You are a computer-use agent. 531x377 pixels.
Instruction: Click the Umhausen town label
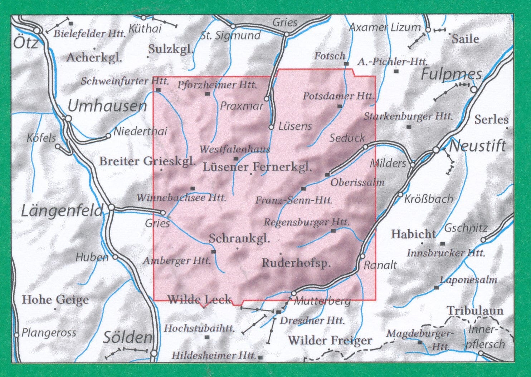coord(107,106)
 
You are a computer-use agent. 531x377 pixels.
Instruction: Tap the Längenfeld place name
coord(62,211)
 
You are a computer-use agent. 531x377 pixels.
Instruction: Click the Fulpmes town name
coord(451,74)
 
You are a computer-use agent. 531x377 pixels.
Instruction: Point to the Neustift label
coord(477,146)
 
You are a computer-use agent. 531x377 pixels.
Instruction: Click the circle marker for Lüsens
coord(272,127)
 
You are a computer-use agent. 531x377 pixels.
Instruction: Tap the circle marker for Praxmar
coord(267,99)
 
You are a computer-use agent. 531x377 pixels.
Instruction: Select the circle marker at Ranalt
coord(362,256)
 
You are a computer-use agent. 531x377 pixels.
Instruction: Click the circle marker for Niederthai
coord(108,136)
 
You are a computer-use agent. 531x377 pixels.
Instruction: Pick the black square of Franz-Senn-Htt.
coord(303,188)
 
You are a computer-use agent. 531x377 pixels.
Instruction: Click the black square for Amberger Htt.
coord(214,252)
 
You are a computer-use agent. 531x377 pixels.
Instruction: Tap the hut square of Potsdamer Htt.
coord(340,106)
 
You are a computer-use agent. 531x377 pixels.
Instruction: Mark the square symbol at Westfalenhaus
coord(236,158)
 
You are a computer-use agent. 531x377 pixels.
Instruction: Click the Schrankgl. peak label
coord(239,238)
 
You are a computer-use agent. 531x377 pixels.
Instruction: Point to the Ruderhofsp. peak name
coord(296,263)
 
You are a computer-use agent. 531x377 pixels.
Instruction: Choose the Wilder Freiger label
coord(330,340)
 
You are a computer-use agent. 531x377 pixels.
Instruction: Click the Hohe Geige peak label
coord(55,299)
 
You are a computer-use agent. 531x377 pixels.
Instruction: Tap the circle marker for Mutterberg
coord(294,293)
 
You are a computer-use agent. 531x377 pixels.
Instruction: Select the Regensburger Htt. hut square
coord(333,231)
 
